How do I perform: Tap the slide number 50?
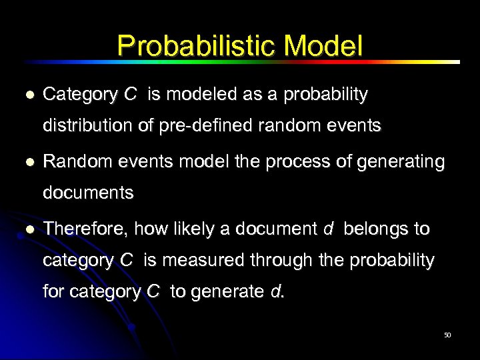[x=447, y=335]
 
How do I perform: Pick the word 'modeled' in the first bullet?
[x=193, y=95]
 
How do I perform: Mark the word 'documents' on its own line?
[x=88, y=193]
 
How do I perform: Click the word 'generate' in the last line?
[x=227, y=291]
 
